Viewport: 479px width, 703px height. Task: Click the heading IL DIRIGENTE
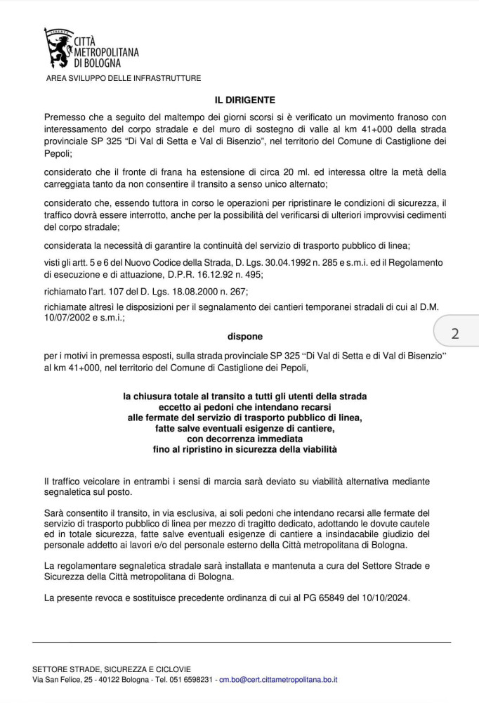tap(245, 100)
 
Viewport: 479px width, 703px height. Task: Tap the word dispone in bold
tap(244, 336)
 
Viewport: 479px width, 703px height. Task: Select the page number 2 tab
tap(455, 333)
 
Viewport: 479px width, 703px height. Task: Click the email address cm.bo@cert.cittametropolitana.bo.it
tap(279, 680)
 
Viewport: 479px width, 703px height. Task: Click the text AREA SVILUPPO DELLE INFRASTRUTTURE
tap(124, 78)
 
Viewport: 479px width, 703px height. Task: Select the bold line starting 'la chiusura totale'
tap(244, 396)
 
